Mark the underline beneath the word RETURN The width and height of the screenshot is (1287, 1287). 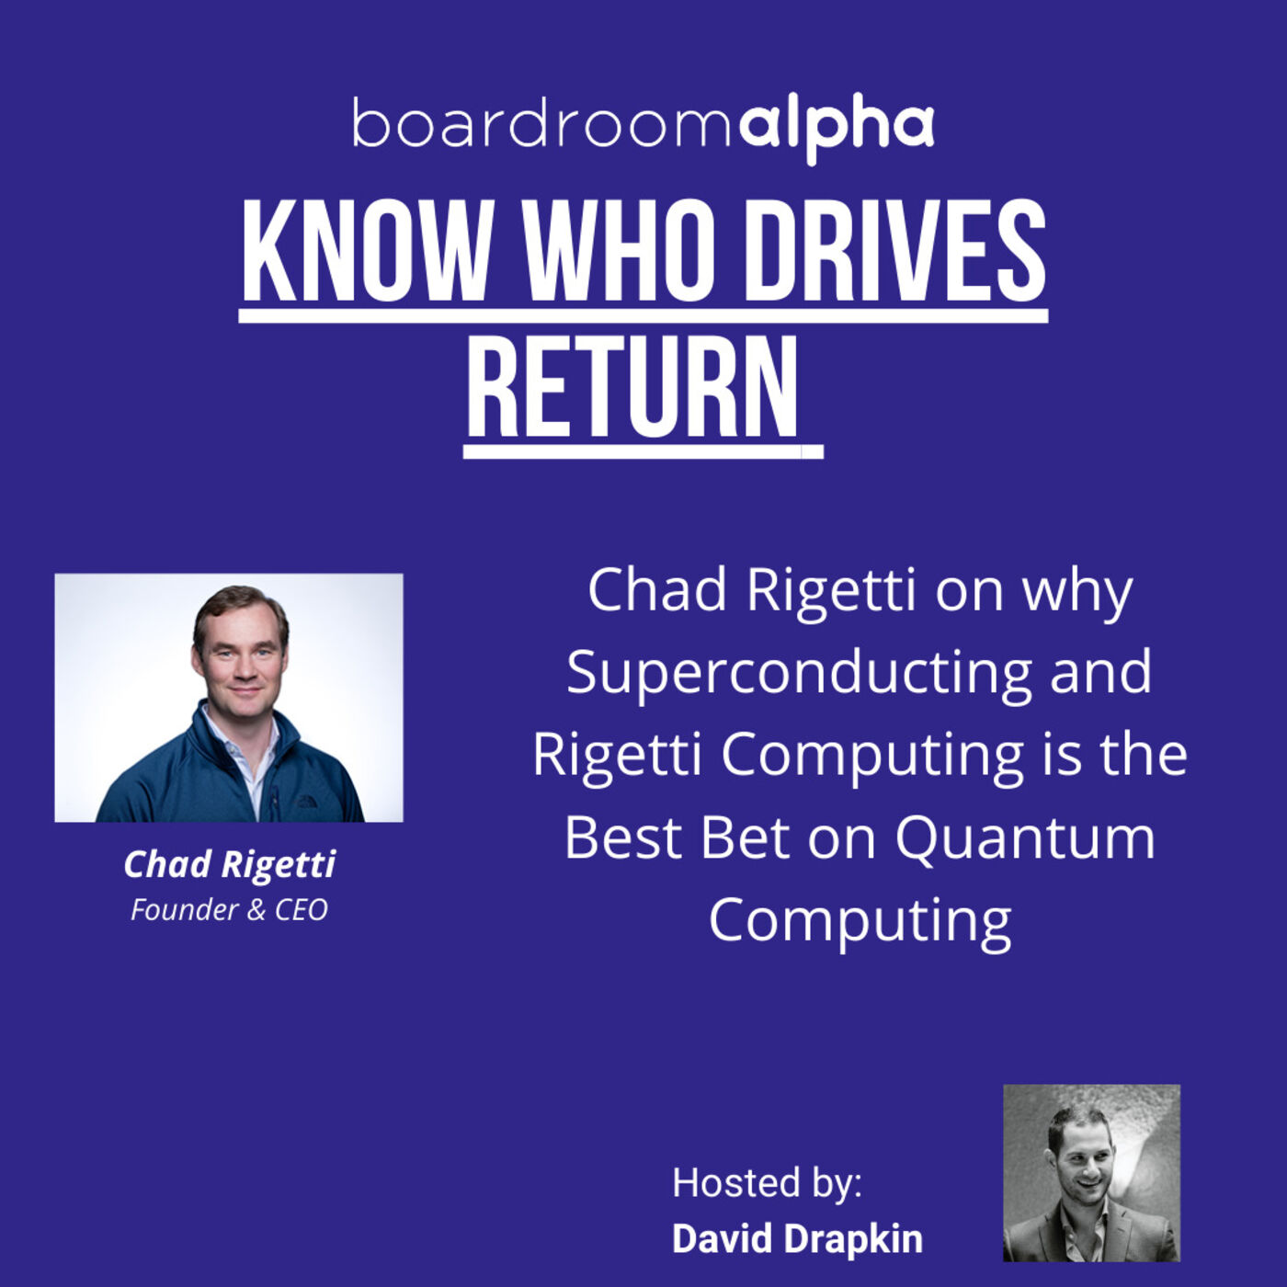point(642,451)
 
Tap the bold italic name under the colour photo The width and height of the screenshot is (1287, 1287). point(229,864)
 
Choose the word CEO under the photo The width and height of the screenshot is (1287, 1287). point(302,910)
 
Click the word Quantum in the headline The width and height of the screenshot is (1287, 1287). point(1025,838)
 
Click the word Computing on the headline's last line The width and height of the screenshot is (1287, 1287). point(860,919)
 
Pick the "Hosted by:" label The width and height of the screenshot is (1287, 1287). point(767,1182)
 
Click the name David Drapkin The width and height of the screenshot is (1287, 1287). point(797,1238)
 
